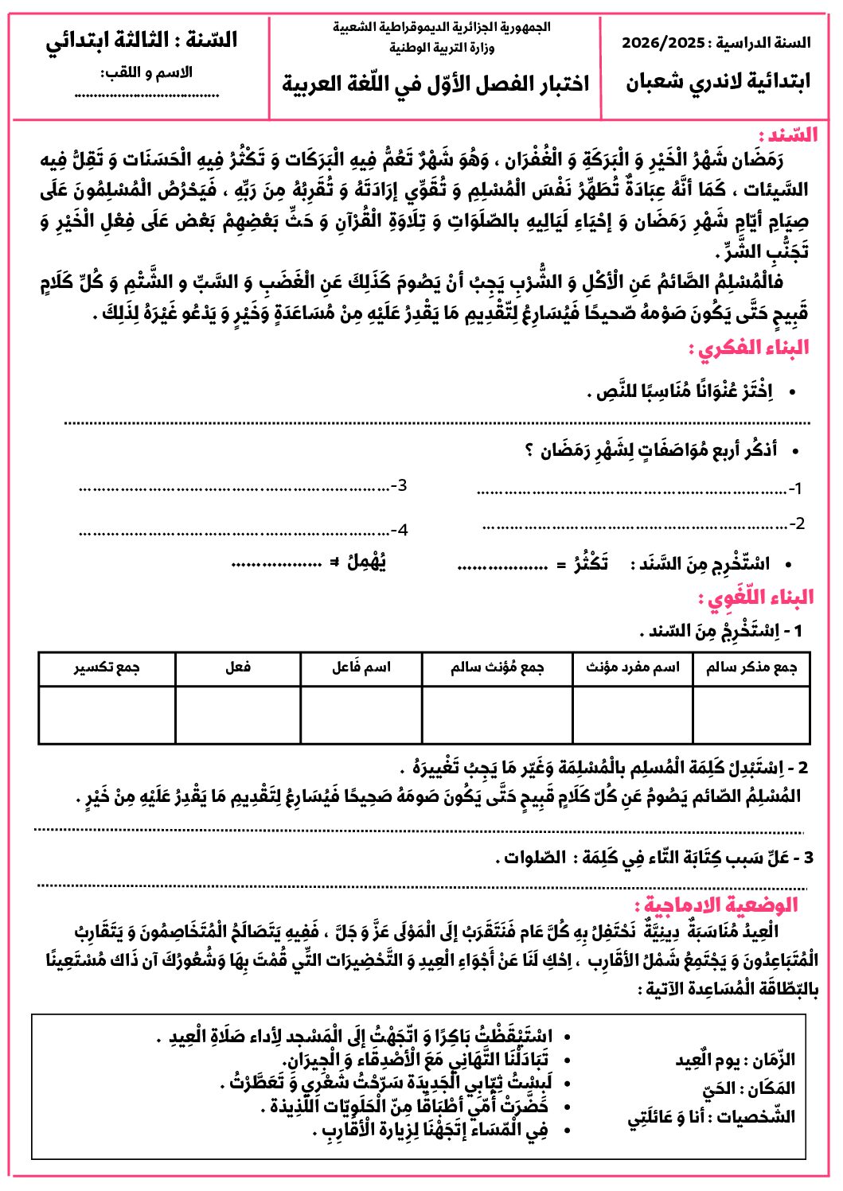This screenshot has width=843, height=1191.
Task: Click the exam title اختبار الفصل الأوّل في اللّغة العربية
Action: pos(435,84)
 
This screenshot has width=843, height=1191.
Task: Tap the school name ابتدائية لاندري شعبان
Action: pos(717,82)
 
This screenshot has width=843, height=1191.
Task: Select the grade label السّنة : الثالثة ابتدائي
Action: pos(142,40)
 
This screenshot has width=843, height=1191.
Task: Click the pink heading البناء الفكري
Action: pos(749,348)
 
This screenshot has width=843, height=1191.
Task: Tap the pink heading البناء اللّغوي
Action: pos(755,597)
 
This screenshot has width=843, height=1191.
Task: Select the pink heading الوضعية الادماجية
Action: pos(716,905)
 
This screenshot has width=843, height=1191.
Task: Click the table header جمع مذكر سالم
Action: pos(751,668)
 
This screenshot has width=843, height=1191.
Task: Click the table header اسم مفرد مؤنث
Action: pos(633,668)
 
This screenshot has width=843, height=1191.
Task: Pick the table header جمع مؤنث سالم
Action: pos(497,668)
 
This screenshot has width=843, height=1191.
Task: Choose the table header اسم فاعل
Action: pos(361,668)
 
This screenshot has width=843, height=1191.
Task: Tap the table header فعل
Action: pos(238,668)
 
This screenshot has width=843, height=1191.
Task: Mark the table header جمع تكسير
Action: pos(107,668)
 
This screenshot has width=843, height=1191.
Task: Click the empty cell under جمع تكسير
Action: pos(107,714)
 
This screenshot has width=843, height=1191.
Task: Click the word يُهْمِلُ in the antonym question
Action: pos(367,562)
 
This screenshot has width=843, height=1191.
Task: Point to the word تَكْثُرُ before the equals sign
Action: pos(591,563)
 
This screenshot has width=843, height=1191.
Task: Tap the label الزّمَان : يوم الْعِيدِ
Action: pos(735,1060)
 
